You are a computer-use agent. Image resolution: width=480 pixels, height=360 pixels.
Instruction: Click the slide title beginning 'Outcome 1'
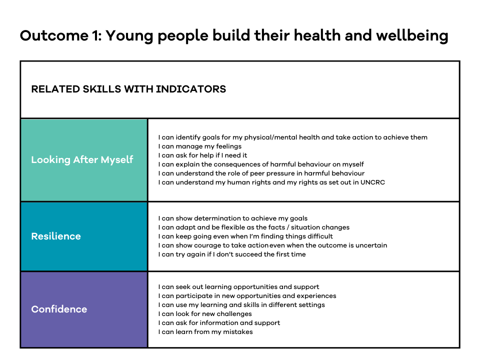[233, 36]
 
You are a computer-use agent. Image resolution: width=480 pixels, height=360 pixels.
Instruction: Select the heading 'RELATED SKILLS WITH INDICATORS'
[128, 89]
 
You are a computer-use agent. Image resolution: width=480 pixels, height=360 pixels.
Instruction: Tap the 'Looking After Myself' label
[82, 160]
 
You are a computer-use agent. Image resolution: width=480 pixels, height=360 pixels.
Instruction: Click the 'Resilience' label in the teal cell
[56, 236]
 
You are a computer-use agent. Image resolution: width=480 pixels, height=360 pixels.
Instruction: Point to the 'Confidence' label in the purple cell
[59, 309]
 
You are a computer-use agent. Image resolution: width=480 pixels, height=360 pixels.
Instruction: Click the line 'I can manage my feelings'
[200, 146]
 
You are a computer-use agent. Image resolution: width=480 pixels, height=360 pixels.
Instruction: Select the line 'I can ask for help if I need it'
[203, 155]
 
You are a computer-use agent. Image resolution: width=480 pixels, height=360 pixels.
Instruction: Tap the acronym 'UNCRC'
[372, 182]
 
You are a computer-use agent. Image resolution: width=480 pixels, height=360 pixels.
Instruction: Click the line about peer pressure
[261, 173]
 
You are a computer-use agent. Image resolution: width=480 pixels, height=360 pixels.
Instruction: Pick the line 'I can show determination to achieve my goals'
[233, 218]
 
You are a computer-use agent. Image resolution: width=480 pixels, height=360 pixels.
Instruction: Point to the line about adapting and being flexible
[254, 227]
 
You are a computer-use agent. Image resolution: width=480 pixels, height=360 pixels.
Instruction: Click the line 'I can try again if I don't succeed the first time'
[232, 254]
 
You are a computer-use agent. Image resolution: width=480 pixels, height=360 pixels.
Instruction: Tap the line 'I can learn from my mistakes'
[205, 332]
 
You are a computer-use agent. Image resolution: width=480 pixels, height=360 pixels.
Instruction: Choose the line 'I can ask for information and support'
[219, 323]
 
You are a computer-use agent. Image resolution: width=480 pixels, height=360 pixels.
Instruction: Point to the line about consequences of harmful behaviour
[261, 164]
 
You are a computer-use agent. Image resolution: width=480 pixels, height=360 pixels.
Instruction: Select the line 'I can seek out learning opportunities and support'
[238, 287]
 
